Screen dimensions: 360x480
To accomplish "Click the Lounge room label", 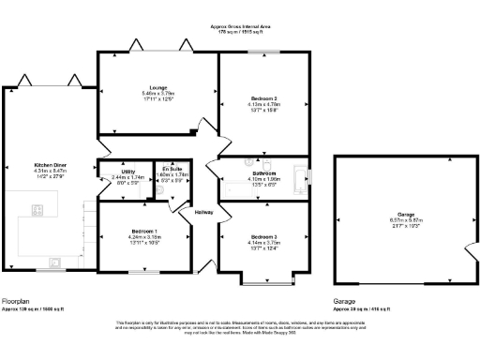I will (x=145, y=87).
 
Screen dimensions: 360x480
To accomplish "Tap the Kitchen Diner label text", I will (x=49, y=163).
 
